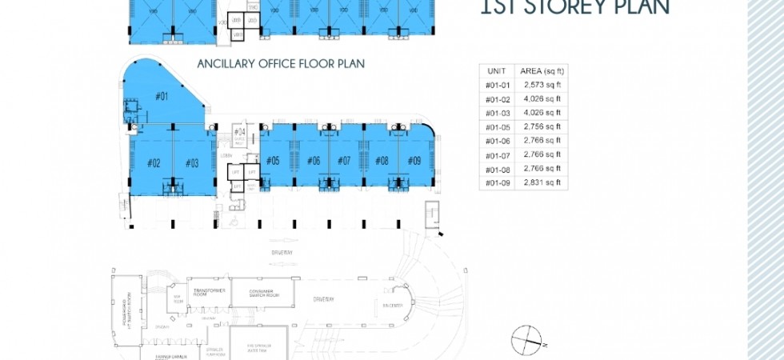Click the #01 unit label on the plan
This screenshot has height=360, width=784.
pos(161,97)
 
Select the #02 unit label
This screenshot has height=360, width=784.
pos(154,163)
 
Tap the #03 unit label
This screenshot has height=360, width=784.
pos(192,163)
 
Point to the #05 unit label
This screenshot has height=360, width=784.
pos(273,161)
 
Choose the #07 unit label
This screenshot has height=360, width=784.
pos(344,161)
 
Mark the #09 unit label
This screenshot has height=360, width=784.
pos(414,161)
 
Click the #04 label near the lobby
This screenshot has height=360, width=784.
pos(238,132)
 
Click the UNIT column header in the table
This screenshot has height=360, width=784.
pos(496,70)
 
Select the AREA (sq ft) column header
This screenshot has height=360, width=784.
pos(542,70)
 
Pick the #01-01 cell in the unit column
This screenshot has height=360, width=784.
pos(496,84)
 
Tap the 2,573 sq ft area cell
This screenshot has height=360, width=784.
pos(542,84)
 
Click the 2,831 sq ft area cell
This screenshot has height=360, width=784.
pos(542,182)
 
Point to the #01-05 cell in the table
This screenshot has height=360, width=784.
pos(496,126)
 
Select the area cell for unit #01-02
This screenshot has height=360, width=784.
pos(542,98)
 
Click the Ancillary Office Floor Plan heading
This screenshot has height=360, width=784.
pos(265,62)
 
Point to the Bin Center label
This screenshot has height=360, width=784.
pos(391,305)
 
